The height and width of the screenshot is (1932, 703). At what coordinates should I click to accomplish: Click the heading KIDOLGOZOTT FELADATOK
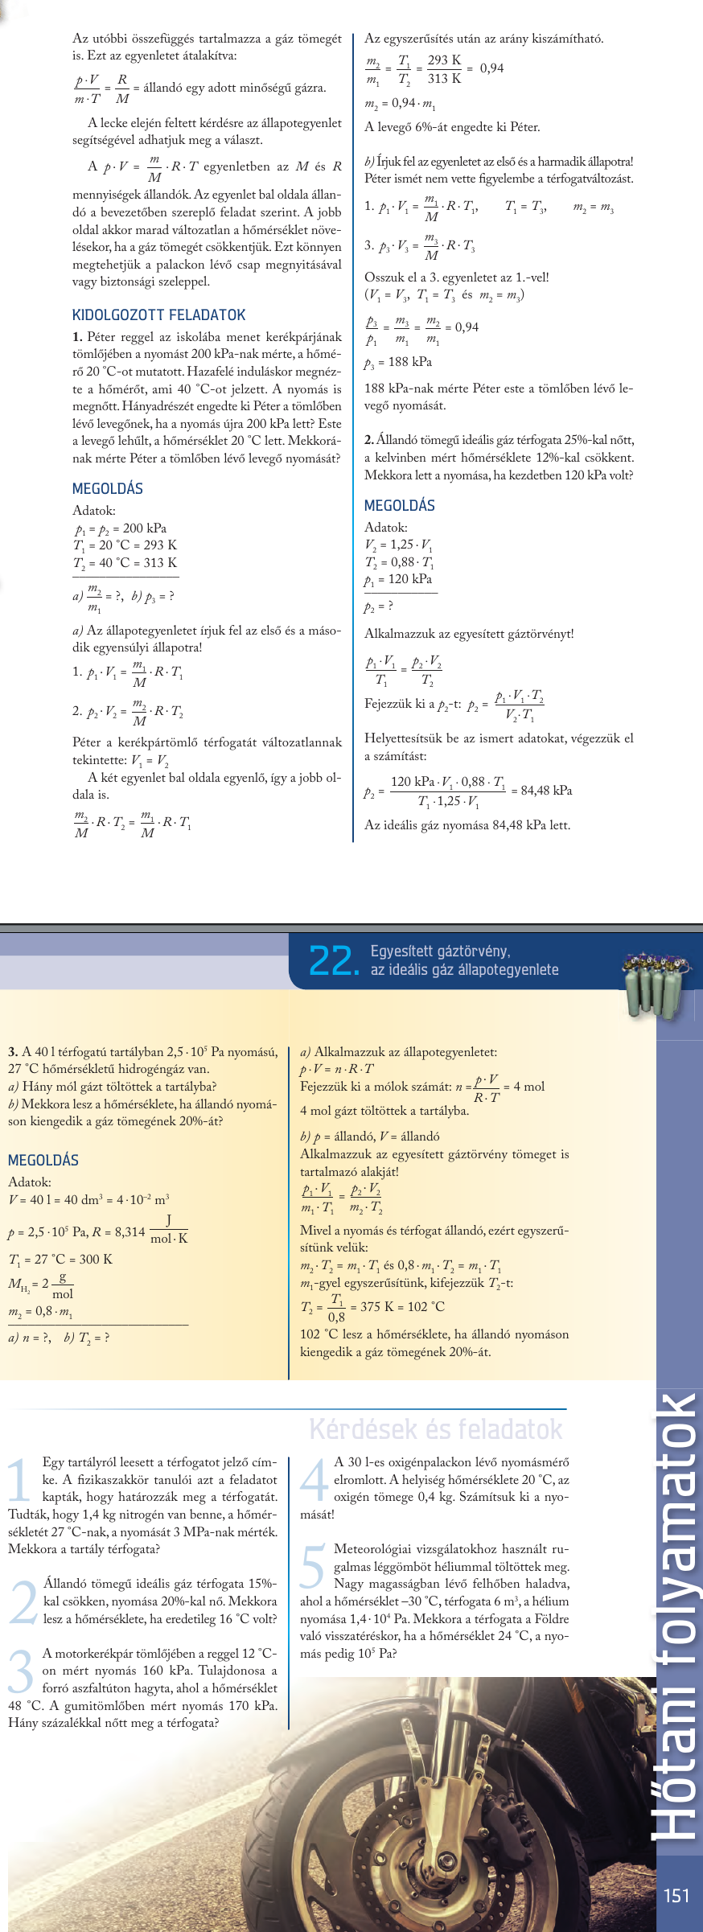[x=158, y=314]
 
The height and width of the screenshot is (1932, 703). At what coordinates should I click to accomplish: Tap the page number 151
[x=676, y=1896]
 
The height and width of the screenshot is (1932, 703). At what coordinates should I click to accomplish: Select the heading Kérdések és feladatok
[x=435, y=1429]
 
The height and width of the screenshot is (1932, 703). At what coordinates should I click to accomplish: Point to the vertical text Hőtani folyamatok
[x=674, y=1617]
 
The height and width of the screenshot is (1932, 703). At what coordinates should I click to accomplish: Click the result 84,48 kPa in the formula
[x=546, y=790]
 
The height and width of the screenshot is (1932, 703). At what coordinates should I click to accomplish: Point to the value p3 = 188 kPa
[x=398, y=362]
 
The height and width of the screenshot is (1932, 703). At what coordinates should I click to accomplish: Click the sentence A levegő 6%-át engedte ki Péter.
[x=452, y=127]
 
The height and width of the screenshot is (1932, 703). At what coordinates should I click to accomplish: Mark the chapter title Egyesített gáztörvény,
[x=440, y=952]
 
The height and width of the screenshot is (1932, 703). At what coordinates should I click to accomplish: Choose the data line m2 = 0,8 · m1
[x=40, y=1312]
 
